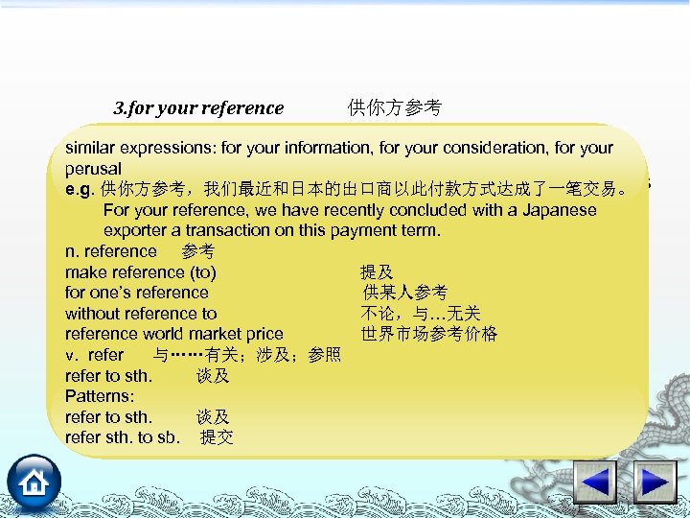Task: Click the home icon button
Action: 34,482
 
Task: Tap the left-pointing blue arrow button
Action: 595,482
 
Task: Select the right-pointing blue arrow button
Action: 657,482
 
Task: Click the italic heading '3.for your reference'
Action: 198,108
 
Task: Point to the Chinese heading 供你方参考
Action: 394,108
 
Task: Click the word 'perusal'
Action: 93,168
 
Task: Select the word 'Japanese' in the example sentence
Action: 558,210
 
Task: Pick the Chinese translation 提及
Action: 376,272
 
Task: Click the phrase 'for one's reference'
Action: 137,293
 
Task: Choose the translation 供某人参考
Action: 404,293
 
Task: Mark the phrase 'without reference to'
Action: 141,314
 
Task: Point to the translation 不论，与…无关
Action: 421,314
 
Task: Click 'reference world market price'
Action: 174,334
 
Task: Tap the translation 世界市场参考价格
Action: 429,334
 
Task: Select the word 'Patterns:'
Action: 100,396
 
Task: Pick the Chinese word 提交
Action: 217,438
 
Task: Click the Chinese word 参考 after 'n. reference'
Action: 197,251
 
